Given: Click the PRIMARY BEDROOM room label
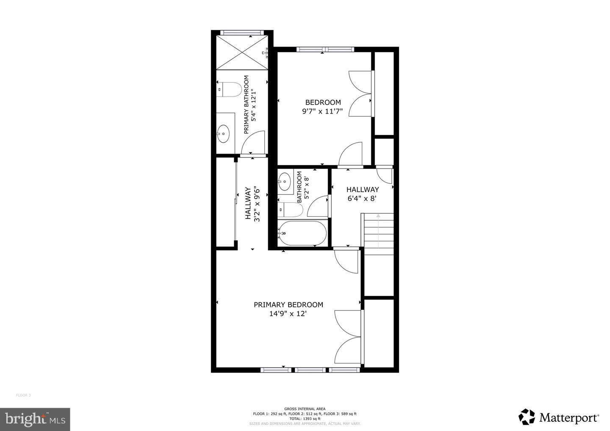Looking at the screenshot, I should click(288, 305).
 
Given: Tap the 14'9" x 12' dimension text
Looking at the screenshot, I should click(288, 314).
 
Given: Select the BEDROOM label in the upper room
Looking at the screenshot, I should click(323, 102).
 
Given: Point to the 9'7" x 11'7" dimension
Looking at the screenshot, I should click(323, 112).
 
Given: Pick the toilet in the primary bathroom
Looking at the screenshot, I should click(229, 89).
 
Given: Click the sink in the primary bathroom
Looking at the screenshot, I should click(223, 133).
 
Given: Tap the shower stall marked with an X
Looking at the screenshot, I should click(242, 52).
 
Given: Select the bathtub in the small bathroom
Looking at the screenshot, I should click(302, 233).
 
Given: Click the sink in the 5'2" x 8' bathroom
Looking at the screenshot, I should click(285, 182).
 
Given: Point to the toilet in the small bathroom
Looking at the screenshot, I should click(290, 209).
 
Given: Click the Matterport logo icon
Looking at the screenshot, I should click(527, 417).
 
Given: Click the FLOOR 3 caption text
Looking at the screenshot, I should click(23, 395).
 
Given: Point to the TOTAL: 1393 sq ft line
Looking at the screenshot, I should click(305, 419).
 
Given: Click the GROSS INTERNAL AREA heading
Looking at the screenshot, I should click(305, 409).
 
